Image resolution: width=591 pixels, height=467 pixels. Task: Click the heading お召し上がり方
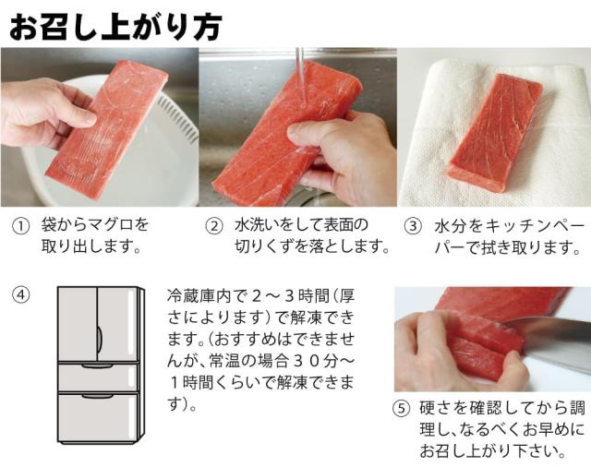(115, 25)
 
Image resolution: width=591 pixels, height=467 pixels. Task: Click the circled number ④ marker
(20, 295)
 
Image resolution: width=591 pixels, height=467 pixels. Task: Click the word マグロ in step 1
(115, 225)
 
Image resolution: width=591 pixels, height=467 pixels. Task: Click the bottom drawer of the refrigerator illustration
(98, 420)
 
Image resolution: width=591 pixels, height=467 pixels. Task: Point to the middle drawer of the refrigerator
(98, 377)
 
